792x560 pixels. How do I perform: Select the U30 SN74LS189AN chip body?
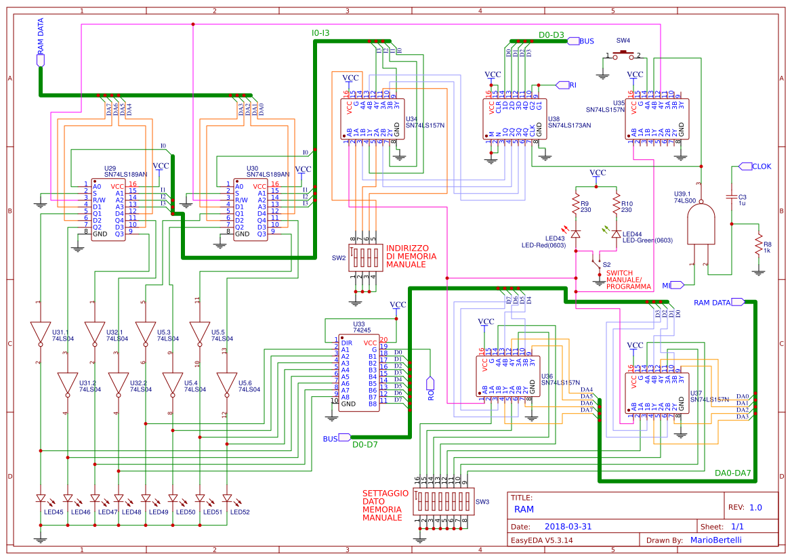click(x=252, y=210)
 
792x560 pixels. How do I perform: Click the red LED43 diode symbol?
click(x=575, y=234)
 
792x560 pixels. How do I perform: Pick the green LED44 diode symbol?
click(x=616, y=234)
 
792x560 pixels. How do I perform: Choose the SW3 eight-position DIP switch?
click(x=441, y=502)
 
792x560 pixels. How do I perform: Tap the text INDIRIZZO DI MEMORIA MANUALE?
click(x=411, y=256)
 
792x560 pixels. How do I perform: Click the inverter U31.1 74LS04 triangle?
click(x=40, y=332)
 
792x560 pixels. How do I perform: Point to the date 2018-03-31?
click(x=568, y=526)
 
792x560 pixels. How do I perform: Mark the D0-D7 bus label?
click(x=364, y=444)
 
